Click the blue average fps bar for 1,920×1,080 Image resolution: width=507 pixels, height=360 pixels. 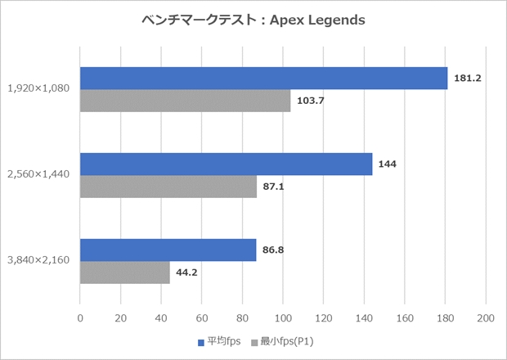263,78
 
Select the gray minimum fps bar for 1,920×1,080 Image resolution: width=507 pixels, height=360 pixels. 185,101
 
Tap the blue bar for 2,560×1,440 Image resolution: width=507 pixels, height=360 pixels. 226,164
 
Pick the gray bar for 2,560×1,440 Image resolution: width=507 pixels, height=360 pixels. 168,187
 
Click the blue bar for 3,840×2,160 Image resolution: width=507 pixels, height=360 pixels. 168,250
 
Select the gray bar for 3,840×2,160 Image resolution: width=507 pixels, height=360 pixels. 124,272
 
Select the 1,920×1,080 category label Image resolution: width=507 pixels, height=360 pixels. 39,89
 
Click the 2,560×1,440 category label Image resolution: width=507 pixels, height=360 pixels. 39,175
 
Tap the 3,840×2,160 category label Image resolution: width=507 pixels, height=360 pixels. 39,261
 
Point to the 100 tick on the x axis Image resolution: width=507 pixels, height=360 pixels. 283,317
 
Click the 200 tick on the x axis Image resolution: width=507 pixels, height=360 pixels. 486,317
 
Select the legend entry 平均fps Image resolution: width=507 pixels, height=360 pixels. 221,341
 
